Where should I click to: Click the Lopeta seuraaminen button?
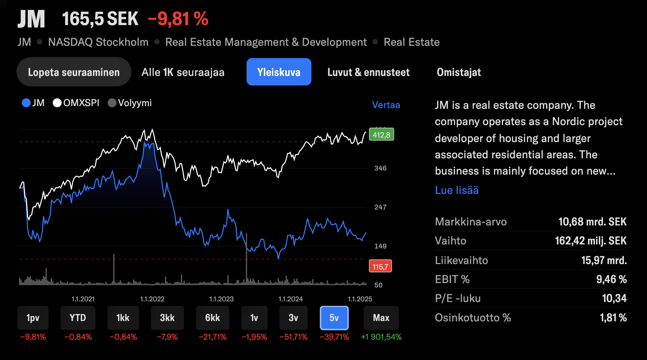[x=74, y=72]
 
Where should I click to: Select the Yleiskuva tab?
[x=279, y=72]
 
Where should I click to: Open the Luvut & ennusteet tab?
[x=368, y=72]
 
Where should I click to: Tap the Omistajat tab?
[x=458, y=72]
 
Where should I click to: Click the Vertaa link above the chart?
[x=386, y=105]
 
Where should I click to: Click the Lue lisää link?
[x=456, y=190]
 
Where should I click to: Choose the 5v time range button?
[x=334, y=318]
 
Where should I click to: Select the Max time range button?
[x=381, y=318]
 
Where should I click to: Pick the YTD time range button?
[x=78, y=318]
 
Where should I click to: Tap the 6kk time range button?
[x=212, y=318]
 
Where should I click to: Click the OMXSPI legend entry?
[x=76, y=103]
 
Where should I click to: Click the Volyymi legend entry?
[x=130, y=103]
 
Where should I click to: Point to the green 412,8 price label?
[x=381, y=135]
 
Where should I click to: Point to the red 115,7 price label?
[x=380, y=266]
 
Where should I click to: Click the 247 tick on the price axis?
[x=380, y=207]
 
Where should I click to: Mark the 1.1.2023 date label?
[x=221, y=299]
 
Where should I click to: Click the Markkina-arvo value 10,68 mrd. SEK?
[x=592, y=222]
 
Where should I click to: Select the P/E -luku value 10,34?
[x=614, y=298]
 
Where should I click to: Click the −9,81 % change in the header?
[x=178, y=19]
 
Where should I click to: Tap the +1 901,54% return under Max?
[x=381, y=337]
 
